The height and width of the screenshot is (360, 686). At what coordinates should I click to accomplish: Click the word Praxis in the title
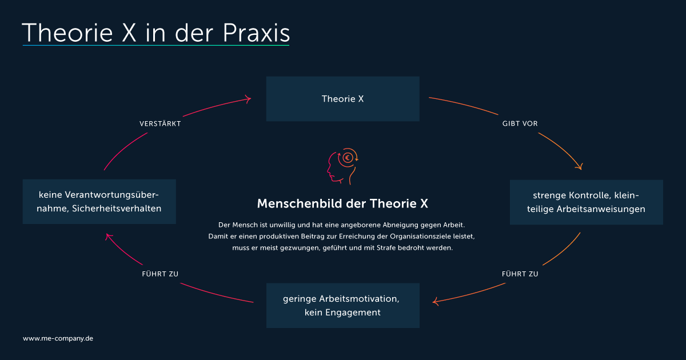(256, 33)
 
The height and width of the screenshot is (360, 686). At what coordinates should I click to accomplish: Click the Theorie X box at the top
(342, 99)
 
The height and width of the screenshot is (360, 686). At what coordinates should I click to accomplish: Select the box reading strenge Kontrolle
(586, 202)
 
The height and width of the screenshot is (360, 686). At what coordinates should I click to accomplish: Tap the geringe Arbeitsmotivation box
(342, 306)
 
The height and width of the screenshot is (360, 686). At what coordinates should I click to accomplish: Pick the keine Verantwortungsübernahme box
(99, 201)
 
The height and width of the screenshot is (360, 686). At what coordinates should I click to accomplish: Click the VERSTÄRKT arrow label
(160, 123)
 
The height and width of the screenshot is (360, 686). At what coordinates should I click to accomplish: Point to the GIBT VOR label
(520, 123)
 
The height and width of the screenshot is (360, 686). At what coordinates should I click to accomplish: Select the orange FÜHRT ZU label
(520, 274)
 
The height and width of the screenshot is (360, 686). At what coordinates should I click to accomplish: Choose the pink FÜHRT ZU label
(160, 274)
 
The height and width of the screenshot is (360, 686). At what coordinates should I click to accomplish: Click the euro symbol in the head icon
(348, 158)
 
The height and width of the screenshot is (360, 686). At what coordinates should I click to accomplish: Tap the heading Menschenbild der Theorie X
(342, 203)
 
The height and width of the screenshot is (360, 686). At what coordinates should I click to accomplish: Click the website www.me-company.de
(58, 338)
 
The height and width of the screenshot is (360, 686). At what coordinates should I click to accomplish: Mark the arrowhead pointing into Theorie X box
(248, 99)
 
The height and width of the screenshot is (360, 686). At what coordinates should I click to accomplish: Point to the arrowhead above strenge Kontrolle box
(579, 166)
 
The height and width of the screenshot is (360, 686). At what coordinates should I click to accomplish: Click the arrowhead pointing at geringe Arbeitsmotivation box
(435, 302)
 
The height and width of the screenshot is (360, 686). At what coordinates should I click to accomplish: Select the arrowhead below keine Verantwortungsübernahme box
(109, 237)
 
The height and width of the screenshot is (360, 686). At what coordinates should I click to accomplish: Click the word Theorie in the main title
(67, 33)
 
